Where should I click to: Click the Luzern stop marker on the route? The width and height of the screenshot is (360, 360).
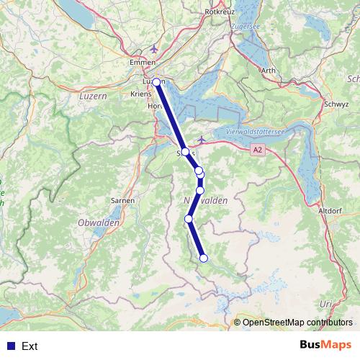click(x=156, y=83)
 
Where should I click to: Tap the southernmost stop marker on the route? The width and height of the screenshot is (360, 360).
click(x=204, y=258)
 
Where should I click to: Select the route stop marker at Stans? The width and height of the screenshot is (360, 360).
click(x=185, y=152)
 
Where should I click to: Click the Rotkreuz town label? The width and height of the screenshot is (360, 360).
click(x=220, y=12)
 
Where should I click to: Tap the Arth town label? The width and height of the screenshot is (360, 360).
click(x=268, y=70)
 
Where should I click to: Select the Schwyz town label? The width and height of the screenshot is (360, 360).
click(x=336, y=104)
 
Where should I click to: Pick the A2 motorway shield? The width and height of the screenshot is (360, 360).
click(x=258, y=149)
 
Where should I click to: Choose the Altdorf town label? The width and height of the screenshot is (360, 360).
click(x=329, y=210)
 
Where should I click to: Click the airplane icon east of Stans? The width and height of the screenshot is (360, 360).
click(x=202, y=138)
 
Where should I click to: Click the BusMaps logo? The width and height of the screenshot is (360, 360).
click(x=325, y=346)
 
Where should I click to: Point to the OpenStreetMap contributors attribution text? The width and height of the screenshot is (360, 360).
click(x=297, y=323)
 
